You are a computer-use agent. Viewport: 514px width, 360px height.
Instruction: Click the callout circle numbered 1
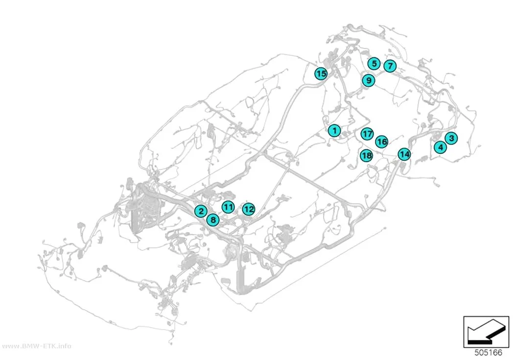click(334, 130)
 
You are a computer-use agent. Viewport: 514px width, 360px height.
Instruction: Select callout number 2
click(201, 211)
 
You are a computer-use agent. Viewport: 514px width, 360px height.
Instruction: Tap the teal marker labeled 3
click(451, 138)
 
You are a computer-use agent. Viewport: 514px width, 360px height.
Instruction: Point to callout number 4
click(440, 147)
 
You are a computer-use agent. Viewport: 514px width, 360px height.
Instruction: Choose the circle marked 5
click(374, 63)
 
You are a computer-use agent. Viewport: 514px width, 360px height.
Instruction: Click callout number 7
click(390, 66)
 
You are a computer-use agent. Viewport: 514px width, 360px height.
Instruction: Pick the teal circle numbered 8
click(213, 219)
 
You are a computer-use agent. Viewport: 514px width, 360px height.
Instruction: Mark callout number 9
click(369, 80)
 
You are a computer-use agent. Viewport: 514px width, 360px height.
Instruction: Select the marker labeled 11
click(228, 207)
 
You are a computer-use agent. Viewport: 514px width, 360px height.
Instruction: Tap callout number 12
click(249, 209)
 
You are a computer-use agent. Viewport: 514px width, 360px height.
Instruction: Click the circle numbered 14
click(404, 154)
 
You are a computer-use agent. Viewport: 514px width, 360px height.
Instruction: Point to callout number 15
click(321, 73)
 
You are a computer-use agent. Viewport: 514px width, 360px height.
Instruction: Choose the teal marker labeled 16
click(381, 142)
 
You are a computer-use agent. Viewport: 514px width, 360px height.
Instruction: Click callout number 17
click(367, 134)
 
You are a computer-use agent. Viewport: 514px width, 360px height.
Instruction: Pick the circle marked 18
click(367, 155)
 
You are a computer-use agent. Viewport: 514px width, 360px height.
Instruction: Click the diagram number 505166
click(488, 353)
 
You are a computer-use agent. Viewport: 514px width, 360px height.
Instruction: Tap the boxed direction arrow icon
click(486, 332)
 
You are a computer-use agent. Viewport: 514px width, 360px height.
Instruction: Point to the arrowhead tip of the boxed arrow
click(468, 339)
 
